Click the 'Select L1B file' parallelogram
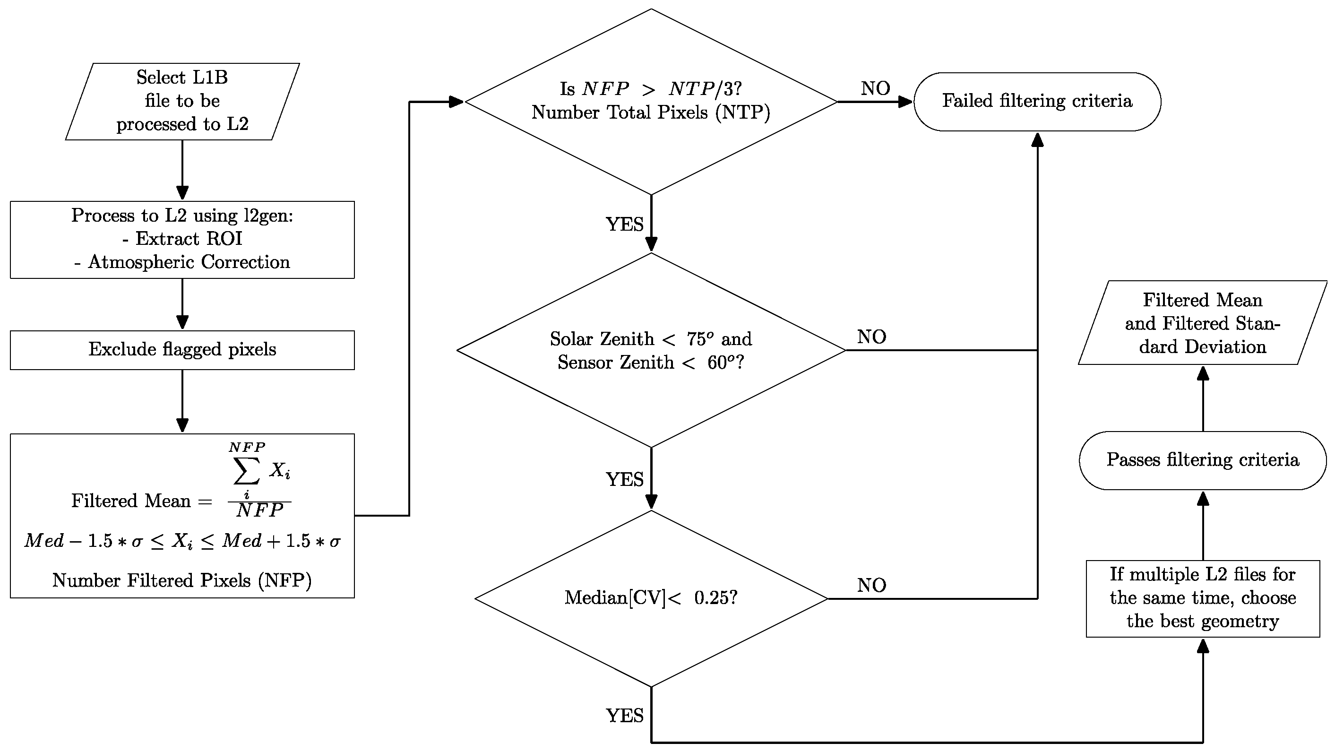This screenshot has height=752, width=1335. click(182, 101)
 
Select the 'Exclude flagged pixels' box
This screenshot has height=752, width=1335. click(182, 350)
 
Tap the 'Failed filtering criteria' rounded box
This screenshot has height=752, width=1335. click(1037, 101)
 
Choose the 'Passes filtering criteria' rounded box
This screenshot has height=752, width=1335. click(1202, 460)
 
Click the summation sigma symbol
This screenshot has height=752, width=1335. click(247, 471)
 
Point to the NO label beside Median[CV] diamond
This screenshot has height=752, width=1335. click(872, 585)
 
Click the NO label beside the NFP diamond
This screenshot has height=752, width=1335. click(875, 88)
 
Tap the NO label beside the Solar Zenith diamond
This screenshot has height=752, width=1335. click(872, 337)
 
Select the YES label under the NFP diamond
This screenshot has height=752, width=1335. click(624, 225)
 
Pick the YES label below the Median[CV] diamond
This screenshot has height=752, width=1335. click(624, 716)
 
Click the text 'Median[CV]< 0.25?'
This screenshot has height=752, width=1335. click(651, 598)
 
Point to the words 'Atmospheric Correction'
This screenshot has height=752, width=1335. click(189, 262)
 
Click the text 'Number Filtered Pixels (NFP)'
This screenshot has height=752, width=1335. click(182, 580)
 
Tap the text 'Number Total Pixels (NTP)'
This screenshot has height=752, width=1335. click(651, 112)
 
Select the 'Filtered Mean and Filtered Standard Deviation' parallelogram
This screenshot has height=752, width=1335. click(1202, 323)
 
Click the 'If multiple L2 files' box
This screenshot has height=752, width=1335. click(1202, 598)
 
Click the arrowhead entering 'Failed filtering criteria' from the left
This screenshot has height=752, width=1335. click(905, 102)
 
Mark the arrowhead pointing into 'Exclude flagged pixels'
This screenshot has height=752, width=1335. click(182, 322)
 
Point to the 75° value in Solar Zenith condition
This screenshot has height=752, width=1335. click(699, 339)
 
